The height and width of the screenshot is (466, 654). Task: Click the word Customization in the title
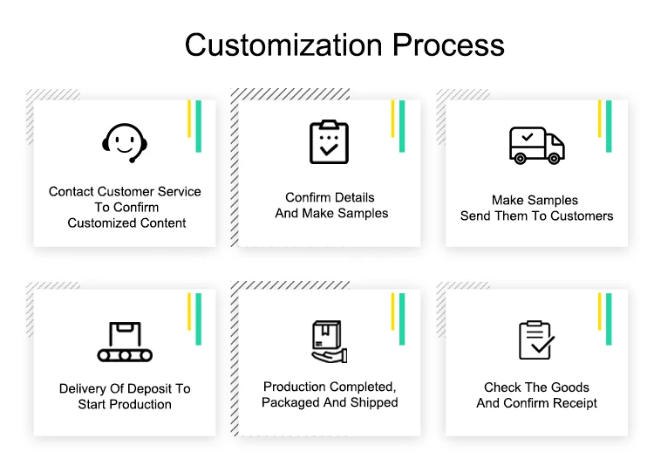click(x=283, y=45)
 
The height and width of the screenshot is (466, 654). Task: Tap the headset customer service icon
click(x=126, y=142)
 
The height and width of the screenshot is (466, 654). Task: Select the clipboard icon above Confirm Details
click(x=329, y=141)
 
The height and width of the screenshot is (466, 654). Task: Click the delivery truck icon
click(x=536, y=145)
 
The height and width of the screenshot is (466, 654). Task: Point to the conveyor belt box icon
click(x=125, y=341)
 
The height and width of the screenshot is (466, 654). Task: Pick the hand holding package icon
click(x=329, y=341)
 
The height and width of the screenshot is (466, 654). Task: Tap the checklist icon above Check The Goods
click(x=535, y=340)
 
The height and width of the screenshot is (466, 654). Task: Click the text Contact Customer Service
click(x=125, y=192)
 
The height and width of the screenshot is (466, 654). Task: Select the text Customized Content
click(x=127, y=223)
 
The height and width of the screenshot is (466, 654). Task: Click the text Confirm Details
click(x=330, y=197)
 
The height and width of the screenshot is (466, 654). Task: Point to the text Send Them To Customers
click(x=537, y=216)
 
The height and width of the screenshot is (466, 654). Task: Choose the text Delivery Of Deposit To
click(x=125, y=389)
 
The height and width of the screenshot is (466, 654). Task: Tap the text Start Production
click(x=125, y=405)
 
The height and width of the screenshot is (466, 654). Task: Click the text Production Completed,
click(x=330, y=387)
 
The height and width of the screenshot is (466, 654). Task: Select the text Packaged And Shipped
click(x=330, y=402)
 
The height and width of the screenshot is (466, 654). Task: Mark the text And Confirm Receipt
click(x=537, y=403)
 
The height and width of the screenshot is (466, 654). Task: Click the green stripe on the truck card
click(x=609, y=126)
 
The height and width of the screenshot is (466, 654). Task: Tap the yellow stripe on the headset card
click(x=189, y=119)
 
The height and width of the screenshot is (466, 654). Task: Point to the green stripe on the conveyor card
click(x=199, y=319)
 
